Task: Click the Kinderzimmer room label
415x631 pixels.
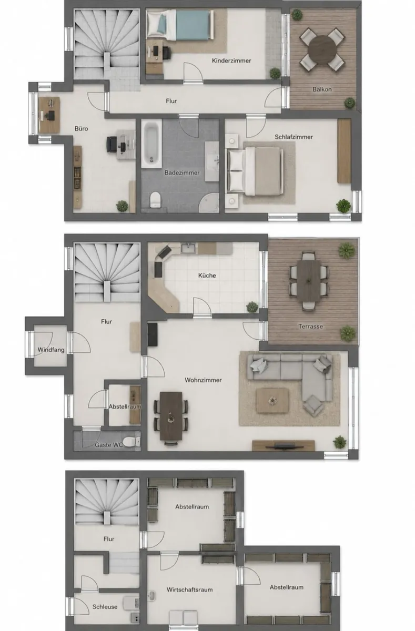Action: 231,60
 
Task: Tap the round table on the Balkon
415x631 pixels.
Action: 322,50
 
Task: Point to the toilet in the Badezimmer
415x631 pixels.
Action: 155,199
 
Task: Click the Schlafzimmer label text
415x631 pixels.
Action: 293,137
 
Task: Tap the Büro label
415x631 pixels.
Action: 81,129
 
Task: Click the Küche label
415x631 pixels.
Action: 207,276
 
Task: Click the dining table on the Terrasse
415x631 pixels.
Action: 309,281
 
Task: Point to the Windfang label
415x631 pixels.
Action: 51,350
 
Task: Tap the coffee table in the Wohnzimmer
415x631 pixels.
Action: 272,400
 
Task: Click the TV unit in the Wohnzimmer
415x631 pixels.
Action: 283,445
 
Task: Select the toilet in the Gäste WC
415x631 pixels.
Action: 131,441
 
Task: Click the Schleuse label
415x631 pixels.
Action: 105,607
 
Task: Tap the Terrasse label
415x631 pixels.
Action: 310,327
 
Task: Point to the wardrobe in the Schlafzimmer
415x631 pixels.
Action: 344,151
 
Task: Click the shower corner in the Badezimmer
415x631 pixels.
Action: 209,203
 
